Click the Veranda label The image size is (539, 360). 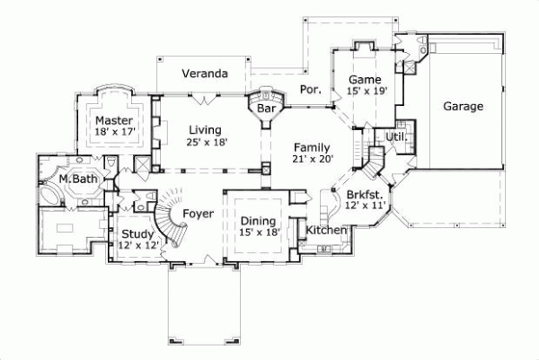click(204, 73)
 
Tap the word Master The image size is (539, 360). click(114, 119)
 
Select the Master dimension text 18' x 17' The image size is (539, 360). click(114, 132)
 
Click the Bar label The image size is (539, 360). click(266, 109)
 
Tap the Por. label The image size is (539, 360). click(310, 91)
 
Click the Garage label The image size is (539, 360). click(464, 105)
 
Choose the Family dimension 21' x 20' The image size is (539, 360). click(313, 159)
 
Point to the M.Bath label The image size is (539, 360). click(78, 180)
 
